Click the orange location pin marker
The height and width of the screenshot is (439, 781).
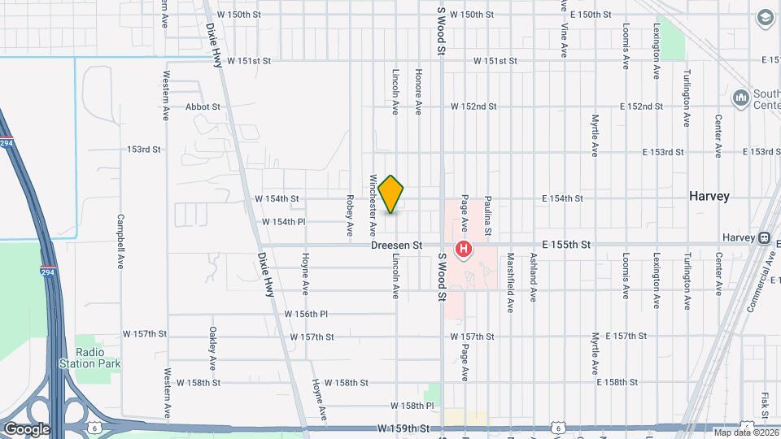point(391,194)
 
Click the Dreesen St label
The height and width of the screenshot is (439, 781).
point(396,245)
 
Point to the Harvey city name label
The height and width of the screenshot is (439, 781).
point(709,196)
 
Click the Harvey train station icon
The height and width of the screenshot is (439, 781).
point(764,237)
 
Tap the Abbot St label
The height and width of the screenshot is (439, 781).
point(203,106)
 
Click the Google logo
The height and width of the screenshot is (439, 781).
point(27,428)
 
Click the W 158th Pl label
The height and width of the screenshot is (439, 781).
point(412,405)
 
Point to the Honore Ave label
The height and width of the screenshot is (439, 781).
point(418,95)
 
